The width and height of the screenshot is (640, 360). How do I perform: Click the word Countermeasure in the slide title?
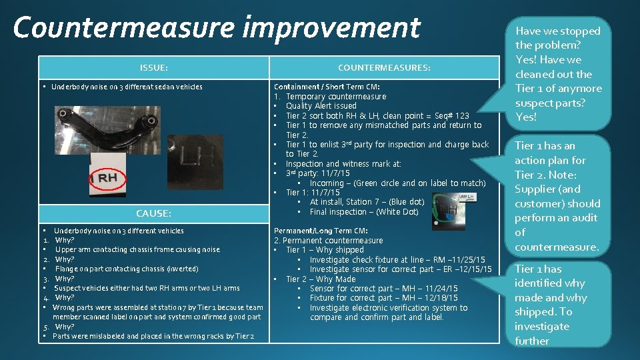tap(121, 28)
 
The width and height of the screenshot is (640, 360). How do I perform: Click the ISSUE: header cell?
tap(153, 68)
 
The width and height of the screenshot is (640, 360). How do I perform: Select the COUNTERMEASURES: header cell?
tap(384, 68)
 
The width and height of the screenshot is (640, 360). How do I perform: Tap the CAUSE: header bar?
tap(153, 213)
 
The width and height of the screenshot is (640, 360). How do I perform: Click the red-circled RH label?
tap(107, 178)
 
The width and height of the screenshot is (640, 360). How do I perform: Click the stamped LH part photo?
tap(195, 155)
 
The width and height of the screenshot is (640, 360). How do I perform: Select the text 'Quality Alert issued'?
tap(321, 106)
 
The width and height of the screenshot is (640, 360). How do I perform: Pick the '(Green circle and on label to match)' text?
tap(419, 183)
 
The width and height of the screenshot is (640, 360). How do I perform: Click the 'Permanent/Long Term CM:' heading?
tap(321, 231)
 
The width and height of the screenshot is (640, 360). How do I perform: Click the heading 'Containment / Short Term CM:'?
tap(327, 87)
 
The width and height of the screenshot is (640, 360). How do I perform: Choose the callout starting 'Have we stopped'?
tap(557, 73)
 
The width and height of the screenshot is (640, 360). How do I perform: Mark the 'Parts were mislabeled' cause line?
tap(153, 336)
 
